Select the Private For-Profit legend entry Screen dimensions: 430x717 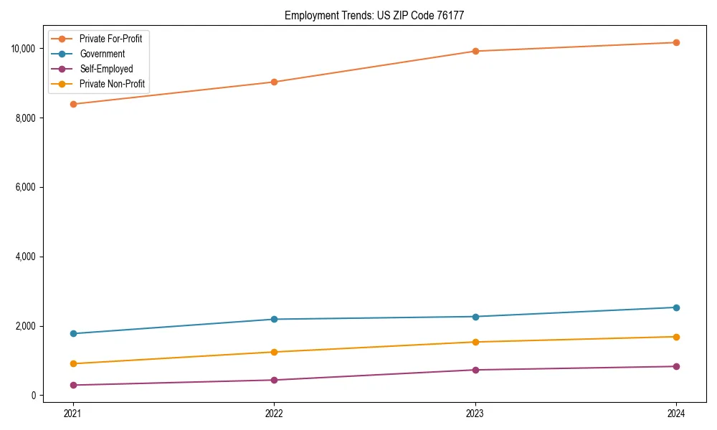coord(110,39)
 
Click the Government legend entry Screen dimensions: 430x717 coord(102,54)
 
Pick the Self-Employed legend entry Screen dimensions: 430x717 coord(106,69)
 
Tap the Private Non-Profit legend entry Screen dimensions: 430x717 coord(112,84)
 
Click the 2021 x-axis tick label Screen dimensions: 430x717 coord(72,414)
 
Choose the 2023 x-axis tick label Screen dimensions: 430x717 coord(474,414)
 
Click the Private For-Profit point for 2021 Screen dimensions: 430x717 coord(72,104)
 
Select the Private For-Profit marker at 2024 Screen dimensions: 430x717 coord(675,42)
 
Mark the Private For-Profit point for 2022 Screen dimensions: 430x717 coord(273,82)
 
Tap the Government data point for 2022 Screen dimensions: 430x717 coord(273,319)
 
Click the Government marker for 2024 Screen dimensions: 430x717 coord(675,307)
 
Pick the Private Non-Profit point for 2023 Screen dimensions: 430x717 coord(474,342)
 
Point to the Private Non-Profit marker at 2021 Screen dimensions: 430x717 coord(72,363)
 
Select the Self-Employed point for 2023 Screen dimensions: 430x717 coord(474,370)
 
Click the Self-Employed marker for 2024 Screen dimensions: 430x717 coord(675,366)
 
